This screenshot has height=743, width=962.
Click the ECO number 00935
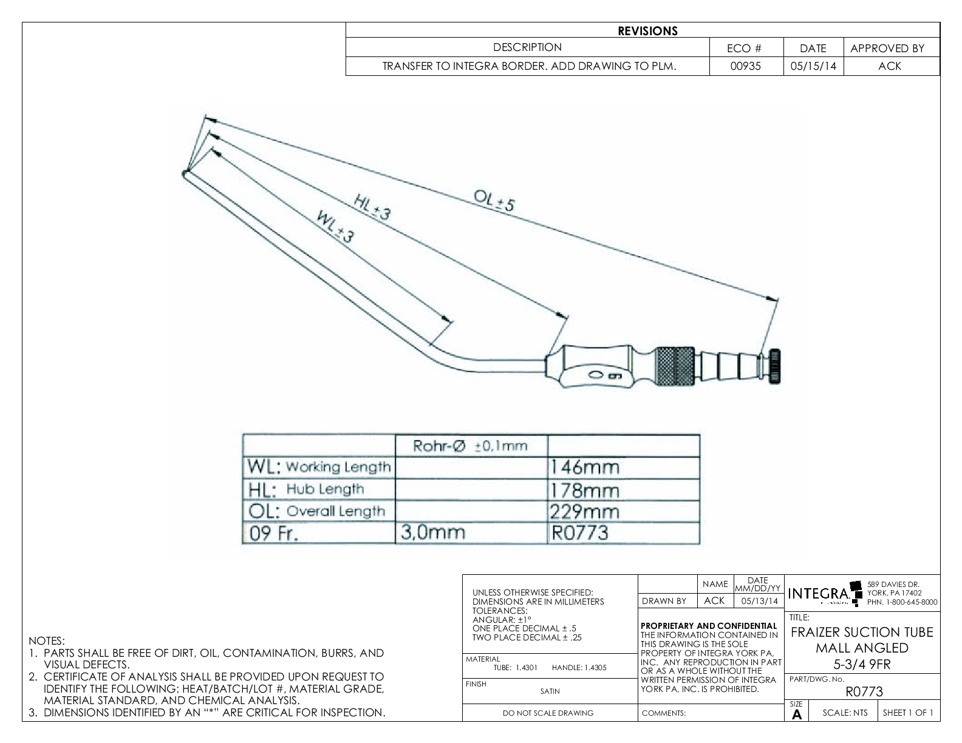tap(746, 66)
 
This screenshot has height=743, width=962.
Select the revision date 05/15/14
tap(813, 66)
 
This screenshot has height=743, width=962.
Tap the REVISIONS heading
tap(647, 31)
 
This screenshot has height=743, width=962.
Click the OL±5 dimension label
tap(493, 200)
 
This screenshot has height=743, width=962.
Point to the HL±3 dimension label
tap(372, 206)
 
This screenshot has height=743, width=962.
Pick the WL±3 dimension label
tap(335, 226)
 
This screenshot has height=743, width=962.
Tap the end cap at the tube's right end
tap(776, 367)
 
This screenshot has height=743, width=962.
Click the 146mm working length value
tap(585, 467)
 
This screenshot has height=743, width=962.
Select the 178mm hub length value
tap(585, 489)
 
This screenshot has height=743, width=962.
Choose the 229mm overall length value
tap(585, 511)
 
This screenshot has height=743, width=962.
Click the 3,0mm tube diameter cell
tap(432, 532)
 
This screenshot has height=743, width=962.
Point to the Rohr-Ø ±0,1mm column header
tap(470, 446)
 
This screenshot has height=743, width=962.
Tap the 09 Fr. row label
tap(274, 534)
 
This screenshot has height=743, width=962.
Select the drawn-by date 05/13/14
tap(759, 601)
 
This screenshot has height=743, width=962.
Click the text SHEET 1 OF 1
tap(908, 713)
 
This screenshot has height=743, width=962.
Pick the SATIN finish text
tap(550, 691)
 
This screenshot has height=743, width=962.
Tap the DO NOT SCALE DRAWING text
tap(548, 713)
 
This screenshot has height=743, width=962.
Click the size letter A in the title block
tap(797, 715)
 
